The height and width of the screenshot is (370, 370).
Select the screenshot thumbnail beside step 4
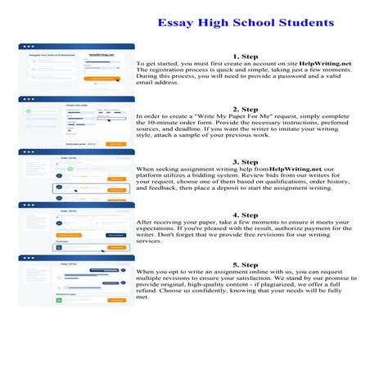tap(76, 227)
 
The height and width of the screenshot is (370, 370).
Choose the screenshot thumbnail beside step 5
tap(76, 280)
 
